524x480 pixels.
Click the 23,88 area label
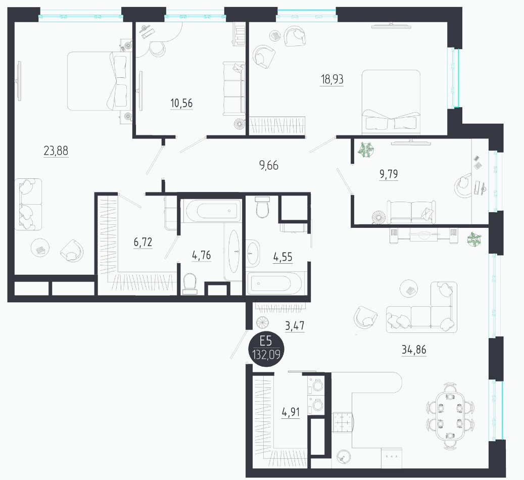[x=56, y=151]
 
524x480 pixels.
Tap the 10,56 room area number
[x=181, y=103]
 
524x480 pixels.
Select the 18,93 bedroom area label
[x=332, y=79]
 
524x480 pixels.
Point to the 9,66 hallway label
[x=269, y=165]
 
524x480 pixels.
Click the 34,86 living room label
[x=414, y=350]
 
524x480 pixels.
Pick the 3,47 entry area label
[x=295, y=325]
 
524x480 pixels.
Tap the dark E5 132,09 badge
[x=266, y=348]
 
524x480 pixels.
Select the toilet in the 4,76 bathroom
[x=190, y=284]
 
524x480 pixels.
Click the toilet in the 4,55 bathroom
[x=262, y=207]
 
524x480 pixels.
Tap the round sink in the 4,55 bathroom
[x=253, y=253]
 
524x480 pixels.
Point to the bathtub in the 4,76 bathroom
[x=211, y=211]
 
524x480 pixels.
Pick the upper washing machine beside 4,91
[x=316, y=385]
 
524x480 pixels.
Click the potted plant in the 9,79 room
[x=366, y=150]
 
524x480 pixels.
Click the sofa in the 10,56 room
[x=234, y=89]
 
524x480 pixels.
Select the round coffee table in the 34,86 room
[x=409, y=289]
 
